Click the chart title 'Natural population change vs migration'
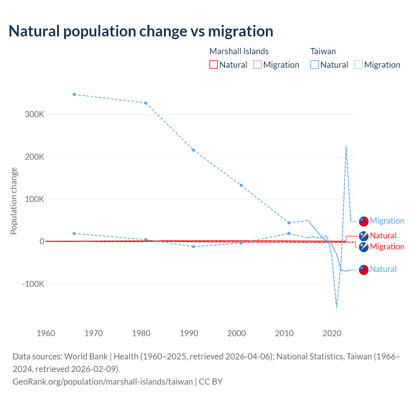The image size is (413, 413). [141, 31]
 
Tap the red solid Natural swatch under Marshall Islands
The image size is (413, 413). [213, 65]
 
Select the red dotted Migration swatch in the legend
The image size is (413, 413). [257, 65]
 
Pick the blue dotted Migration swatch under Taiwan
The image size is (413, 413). [358, 65]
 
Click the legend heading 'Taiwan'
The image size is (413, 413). [323, 51]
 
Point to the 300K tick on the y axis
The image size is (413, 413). [35, 115]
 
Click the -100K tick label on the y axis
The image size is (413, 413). [33, 284]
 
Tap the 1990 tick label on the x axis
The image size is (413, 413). [189, 333]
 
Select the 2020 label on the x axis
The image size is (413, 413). [332, 333]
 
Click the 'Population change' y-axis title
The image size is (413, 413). [14, 201]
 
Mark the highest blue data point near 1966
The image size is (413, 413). [74, 95]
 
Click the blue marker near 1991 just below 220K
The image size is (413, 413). [194, 150]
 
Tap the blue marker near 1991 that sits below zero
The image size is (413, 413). [194, 247]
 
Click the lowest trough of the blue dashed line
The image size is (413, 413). [337, 307]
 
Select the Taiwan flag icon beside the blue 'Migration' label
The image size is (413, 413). [364, 221]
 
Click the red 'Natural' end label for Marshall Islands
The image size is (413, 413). [383, 236]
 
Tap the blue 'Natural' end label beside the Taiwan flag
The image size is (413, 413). [383, 269]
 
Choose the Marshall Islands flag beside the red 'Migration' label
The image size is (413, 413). [364, 247]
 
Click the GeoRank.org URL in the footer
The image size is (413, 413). [103, 381]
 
